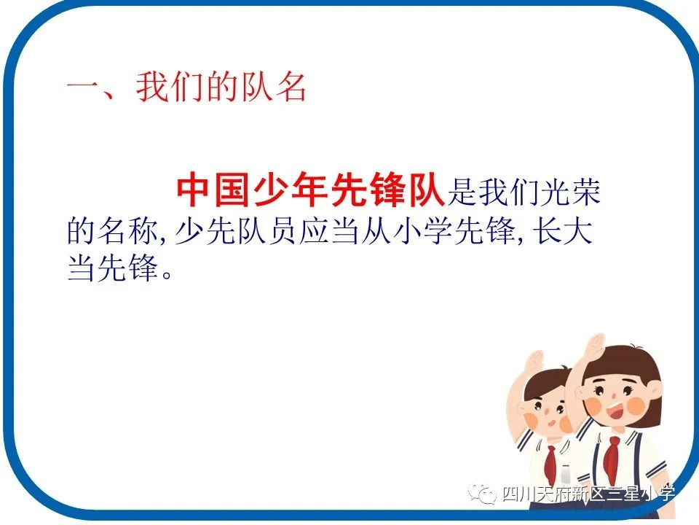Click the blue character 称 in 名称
[x=143, y=232]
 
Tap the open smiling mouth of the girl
[x=615, y=412]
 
